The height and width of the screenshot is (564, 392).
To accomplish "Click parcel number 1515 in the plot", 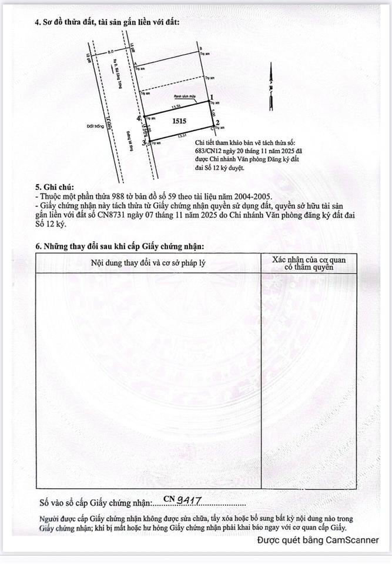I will click(x=179, y=121).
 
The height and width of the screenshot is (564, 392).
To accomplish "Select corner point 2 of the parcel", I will click(x=217, y=123).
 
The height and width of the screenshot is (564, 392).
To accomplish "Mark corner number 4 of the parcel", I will click(x=139, y=118).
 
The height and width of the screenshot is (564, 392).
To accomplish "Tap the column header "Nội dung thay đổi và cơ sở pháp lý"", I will click(x=148, y=261).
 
